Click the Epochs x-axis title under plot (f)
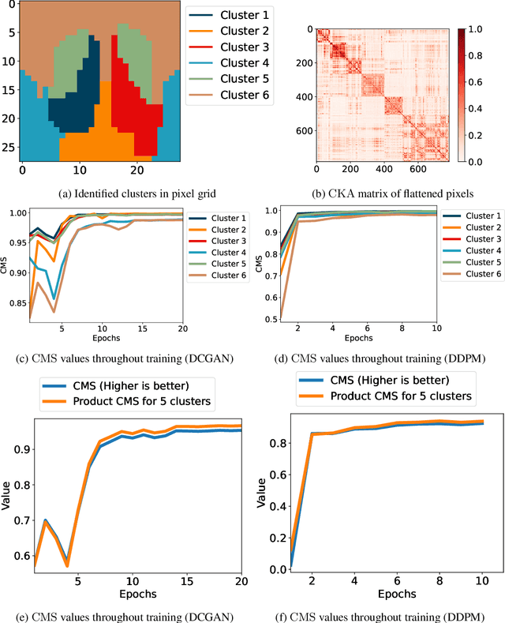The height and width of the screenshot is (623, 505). (375, 594)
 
